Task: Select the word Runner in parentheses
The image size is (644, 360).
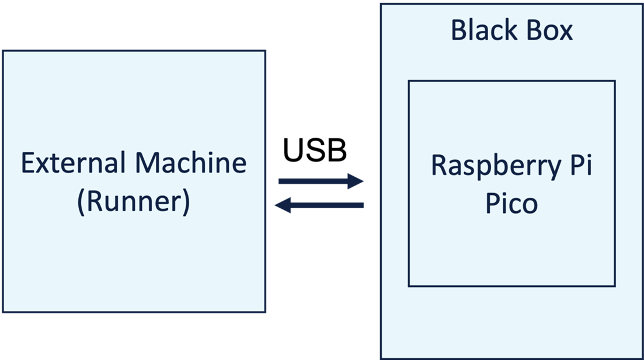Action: [x=134, y=202]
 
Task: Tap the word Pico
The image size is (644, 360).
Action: [x=511, y=204]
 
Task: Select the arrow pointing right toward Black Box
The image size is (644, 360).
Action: [x=321, y=181]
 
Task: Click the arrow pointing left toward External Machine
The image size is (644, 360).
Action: [x=319, y=205]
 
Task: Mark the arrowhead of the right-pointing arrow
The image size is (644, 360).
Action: [x=356, y=181]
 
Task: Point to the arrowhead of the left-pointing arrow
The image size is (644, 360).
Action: [x=283, y=205]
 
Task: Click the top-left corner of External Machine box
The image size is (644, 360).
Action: [x=3, y=51]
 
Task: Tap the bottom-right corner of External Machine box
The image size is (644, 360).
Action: [x=264, y=312]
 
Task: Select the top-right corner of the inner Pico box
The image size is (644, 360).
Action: [x=614, y=81]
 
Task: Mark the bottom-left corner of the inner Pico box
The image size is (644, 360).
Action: [x=409, y=286]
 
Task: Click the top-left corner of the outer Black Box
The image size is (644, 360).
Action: [x=381, y=4]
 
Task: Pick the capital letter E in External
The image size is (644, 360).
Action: [x=27, y=163]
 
